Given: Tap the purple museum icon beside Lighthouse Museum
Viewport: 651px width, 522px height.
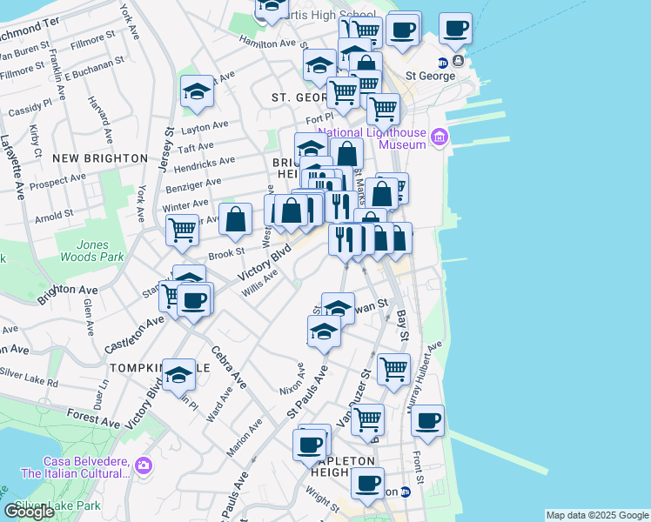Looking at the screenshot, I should pos(440,137).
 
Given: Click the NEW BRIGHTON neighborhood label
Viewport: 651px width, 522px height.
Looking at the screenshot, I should pos(100,158).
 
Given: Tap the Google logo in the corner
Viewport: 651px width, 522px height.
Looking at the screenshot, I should pos(30,512).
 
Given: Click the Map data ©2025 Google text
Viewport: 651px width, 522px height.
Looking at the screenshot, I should pos(596,515).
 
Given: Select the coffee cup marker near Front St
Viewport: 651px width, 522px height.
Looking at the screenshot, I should pos(427,420).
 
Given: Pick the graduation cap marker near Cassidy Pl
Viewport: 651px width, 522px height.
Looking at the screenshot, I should pos(198,90).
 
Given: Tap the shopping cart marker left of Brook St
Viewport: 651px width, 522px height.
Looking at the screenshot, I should pos(182,230).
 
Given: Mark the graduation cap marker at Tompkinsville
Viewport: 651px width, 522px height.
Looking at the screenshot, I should pos(179,374).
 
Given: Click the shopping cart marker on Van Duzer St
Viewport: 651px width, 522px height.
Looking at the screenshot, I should pos(367,419).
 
